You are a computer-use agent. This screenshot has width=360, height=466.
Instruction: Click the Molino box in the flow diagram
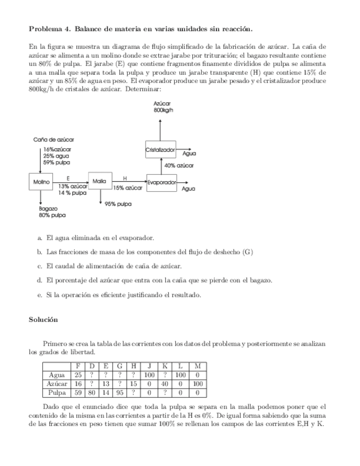click(x=41, y=181)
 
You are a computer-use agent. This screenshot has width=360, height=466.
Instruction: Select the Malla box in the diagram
click(x=99, y=180)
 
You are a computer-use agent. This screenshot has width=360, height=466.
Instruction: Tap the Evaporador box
click(x=162, y=182)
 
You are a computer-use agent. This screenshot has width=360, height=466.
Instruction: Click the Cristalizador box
click(x=160, y=149)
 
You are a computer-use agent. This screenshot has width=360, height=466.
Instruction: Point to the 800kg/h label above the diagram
click(x=164, y=110)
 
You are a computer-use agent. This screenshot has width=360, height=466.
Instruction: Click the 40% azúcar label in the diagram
click(x=179, y=165)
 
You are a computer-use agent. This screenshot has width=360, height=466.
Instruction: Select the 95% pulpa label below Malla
click(x=118, y=204)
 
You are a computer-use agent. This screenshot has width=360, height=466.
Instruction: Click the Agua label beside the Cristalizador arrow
click(x=189, y=154)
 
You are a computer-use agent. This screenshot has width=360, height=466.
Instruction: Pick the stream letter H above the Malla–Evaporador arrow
click(x=125, y=178)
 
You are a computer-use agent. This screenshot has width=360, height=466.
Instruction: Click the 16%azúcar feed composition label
click(x=57, y=149)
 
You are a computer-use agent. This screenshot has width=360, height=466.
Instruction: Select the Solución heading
click(x=43, y=319)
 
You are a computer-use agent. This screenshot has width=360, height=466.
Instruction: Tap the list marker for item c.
click(x=40, y=266)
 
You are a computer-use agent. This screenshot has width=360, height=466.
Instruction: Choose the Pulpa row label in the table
click(x=57, y=393)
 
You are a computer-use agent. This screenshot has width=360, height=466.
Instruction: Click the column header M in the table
click(x=198, y=366)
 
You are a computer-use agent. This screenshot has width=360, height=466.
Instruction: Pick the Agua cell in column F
click(x=78, y=375)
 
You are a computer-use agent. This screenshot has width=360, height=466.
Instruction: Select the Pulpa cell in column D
click(x=92, y=393)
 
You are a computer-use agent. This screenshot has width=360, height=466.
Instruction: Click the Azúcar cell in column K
click(x=164, y=384)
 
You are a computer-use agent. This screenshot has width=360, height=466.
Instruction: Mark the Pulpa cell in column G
click(x=119, y=393)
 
